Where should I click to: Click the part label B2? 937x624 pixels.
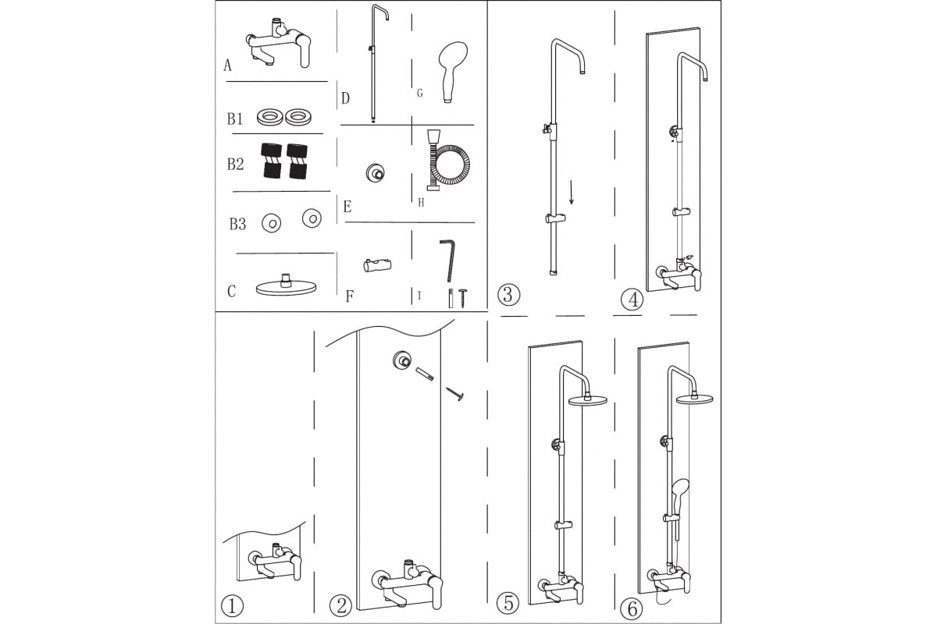point(235,165)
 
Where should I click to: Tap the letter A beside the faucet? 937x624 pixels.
point(227,66)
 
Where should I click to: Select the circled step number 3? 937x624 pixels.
point(508,294)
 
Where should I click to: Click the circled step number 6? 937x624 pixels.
point(632,609)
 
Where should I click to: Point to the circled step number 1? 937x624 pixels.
point(232,605)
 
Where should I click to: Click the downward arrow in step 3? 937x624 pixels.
point(572,193)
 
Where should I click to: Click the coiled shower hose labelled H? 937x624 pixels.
point(448,161)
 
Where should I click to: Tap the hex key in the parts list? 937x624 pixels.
point(447,260)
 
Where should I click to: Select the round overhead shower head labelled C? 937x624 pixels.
point(286,286)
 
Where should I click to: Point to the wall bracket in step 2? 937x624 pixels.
point(401,360)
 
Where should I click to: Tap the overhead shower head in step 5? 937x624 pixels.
point(588,399)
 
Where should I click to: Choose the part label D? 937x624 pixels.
point(345,98)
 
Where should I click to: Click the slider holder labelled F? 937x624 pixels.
point(377,265)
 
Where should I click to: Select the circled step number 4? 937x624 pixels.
point(632,300)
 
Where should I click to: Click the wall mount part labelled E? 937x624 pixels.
point(376,173)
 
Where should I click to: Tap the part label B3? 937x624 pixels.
point(237,225)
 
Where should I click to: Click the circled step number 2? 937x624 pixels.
point(341,605)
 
